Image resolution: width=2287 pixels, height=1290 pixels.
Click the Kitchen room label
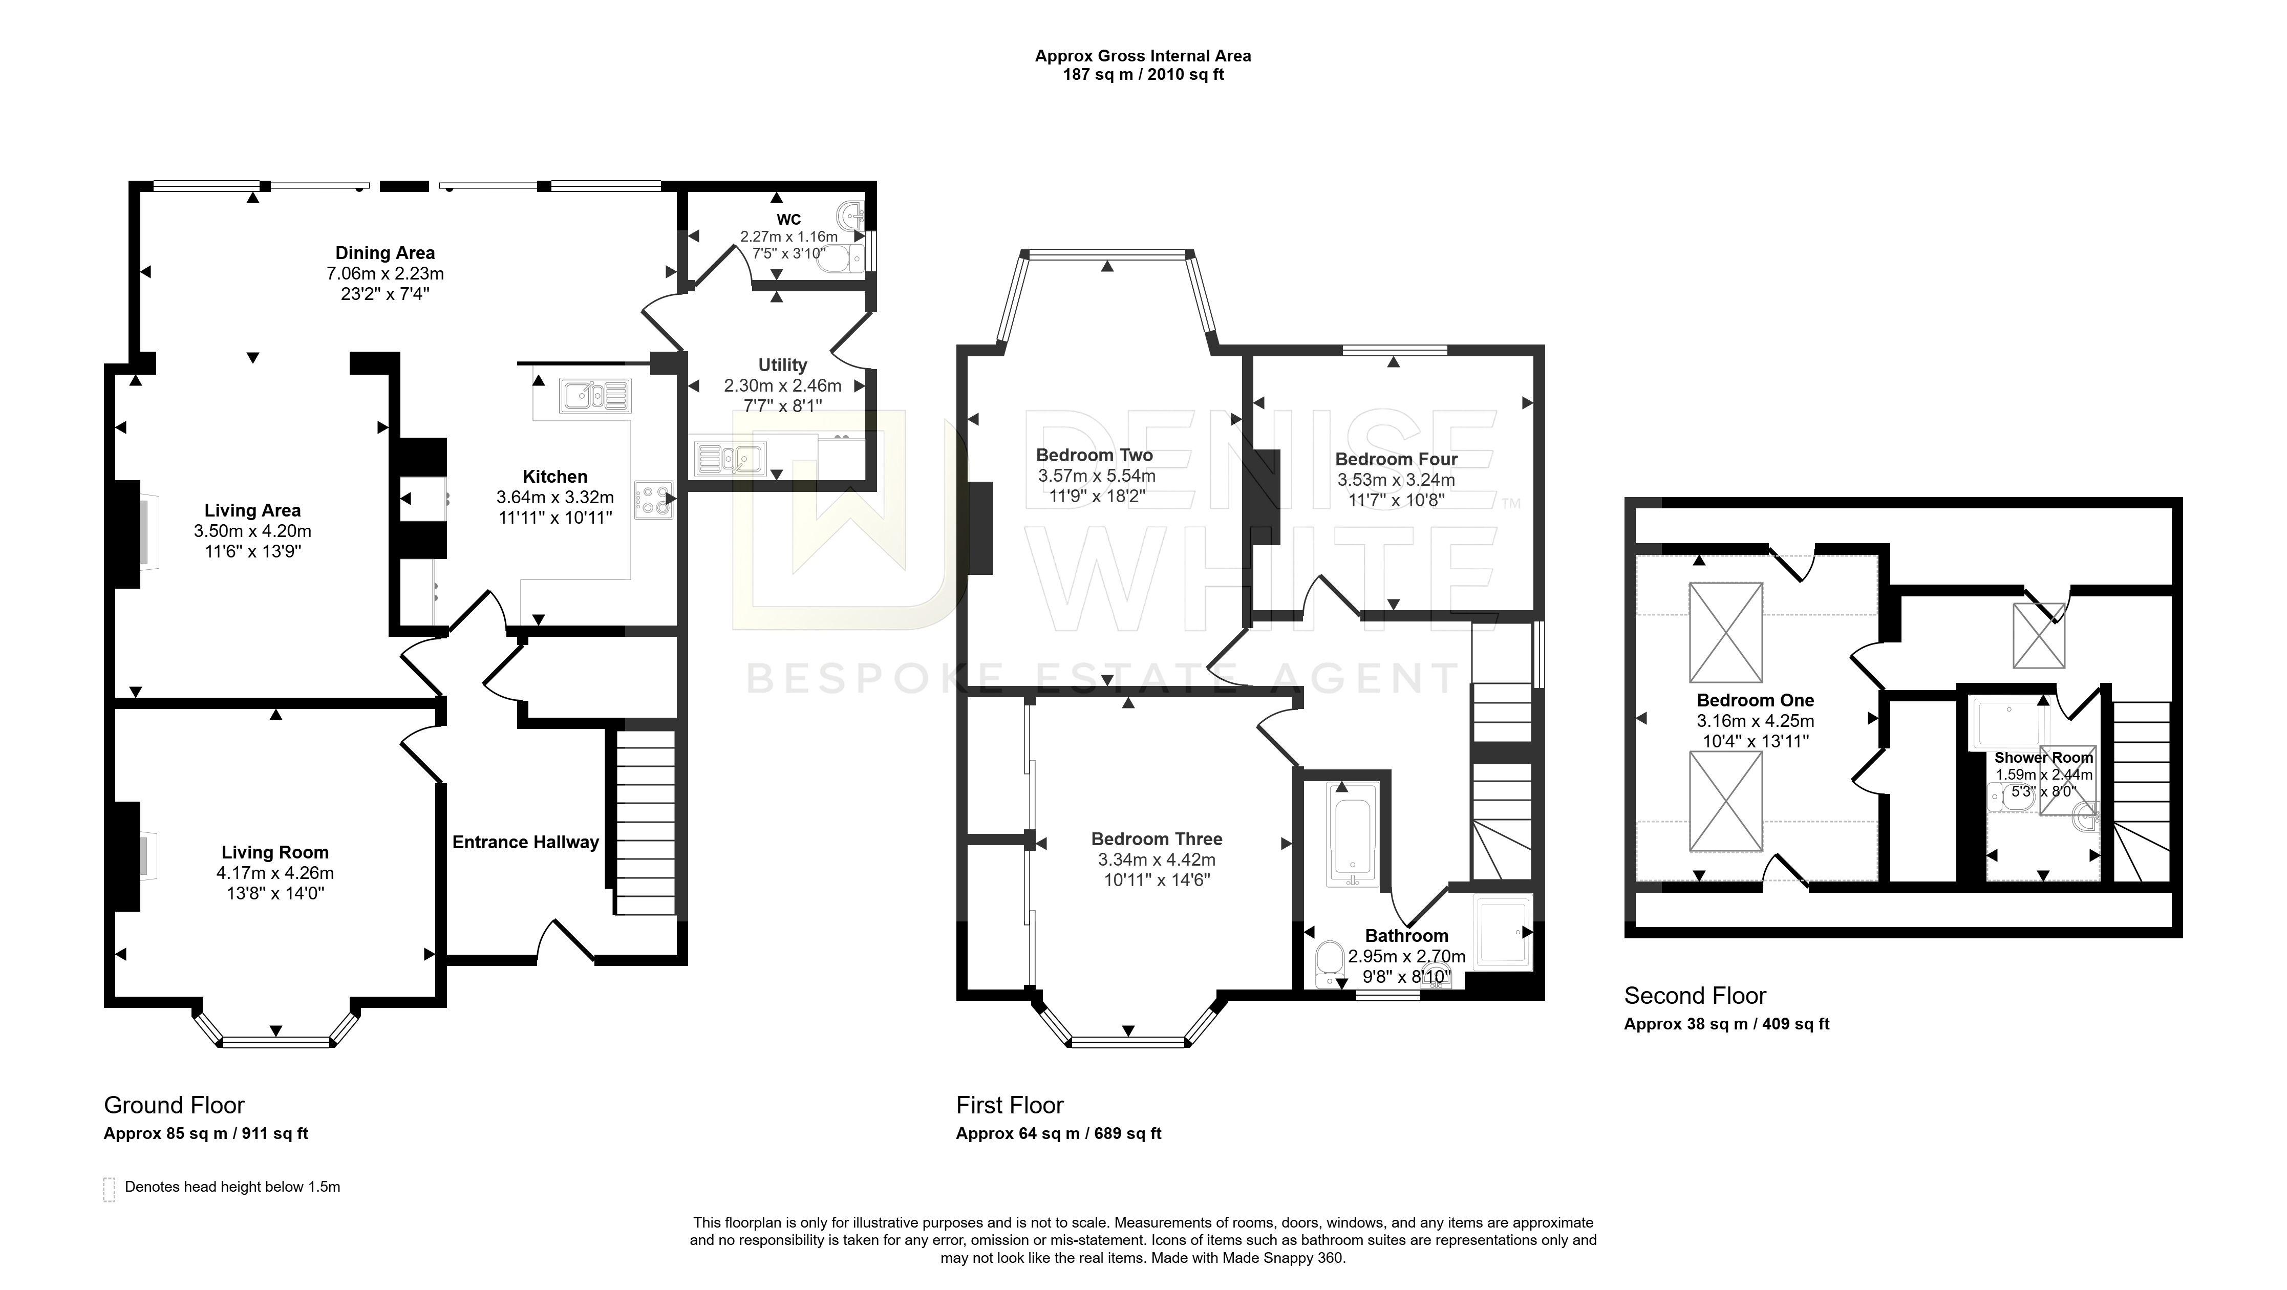[x=555, y=477]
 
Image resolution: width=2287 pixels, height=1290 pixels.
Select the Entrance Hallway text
[x=526, y=843]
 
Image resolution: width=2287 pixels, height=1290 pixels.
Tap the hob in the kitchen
[x=654, y=500]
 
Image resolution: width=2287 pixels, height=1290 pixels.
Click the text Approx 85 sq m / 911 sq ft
[x=206, y=1134]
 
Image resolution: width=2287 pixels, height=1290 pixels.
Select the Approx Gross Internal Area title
[x=1144, y=56]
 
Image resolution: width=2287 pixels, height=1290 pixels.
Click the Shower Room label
[x=2044, y=757]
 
